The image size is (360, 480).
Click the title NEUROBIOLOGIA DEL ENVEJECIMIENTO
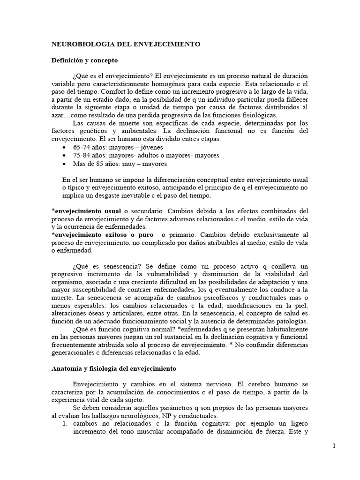coord(125,44)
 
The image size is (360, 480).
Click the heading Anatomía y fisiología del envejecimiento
coord(113,368)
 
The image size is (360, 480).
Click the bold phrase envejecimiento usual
coord(88,211)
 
